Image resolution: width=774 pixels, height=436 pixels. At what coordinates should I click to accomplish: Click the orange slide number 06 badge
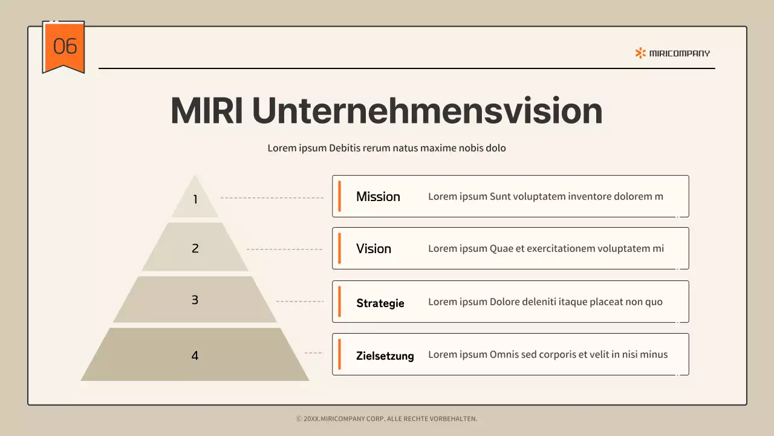coord(63,46)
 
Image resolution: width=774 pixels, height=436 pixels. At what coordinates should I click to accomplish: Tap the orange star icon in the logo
coord(640,53)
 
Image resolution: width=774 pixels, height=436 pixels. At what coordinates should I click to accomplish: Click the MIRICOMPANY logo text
coord(680,53)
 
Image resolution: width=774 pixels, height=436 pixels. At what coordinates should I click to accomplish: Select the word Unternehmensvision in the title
coord(427,111)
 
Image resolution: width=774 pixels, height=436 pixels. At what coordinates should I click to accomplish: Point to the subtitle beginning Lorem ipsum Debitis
coord(386,148)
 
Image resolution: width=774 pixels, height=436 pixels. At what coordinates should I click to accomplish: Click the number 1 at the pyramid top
coord(195,199)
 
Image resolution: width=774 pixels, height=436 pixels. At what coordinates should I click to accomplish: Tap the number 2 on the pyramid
coord(195,248)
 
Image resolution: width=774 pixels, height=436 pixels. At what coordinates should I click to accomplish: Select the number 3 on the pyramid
coord(195,300)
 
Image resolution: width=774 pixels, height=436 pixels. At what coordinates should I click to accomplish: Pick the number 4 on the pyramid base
coord(195,355)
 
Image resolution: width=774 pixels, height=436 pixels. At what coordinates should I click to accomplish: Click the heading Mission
coord(378,197)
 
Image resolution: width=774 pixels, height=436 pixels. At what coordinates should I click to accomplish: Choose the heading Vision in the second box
coord(373,249)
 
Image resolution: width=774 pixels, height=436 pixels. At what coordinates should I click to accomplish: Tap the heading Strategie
coord(380,303)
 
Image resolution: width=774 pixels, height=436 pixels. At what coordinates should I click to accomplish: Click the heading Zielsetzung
coord(385,356)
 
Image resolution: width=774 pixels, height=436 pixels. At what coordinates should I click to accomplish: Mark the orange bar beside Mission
coord(339,196)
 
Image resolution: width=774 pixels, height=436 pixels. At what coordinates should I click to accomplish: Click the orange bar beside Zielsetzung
coord(339,354)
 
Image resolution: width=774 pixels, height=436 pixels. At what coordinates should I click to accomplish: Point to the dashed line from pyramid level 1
coord(272,198)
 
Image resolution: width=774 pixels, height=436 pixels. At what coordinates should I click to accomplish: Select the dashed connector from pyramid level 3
coord(299,301)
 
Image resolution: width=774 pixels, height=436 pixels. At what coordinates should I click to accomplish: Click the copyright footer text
coord(386,418)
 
